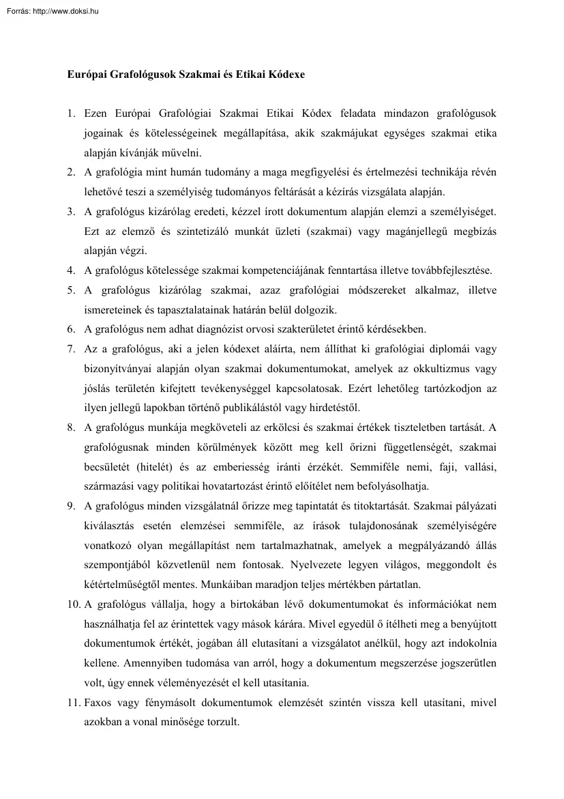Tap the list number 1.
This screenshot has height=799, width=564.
click(x=70, y=111)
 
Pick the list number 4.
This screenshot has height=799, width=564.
click(x=70, y=270)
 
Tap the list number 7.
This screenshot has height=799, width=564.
click(x=70, y=350)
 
